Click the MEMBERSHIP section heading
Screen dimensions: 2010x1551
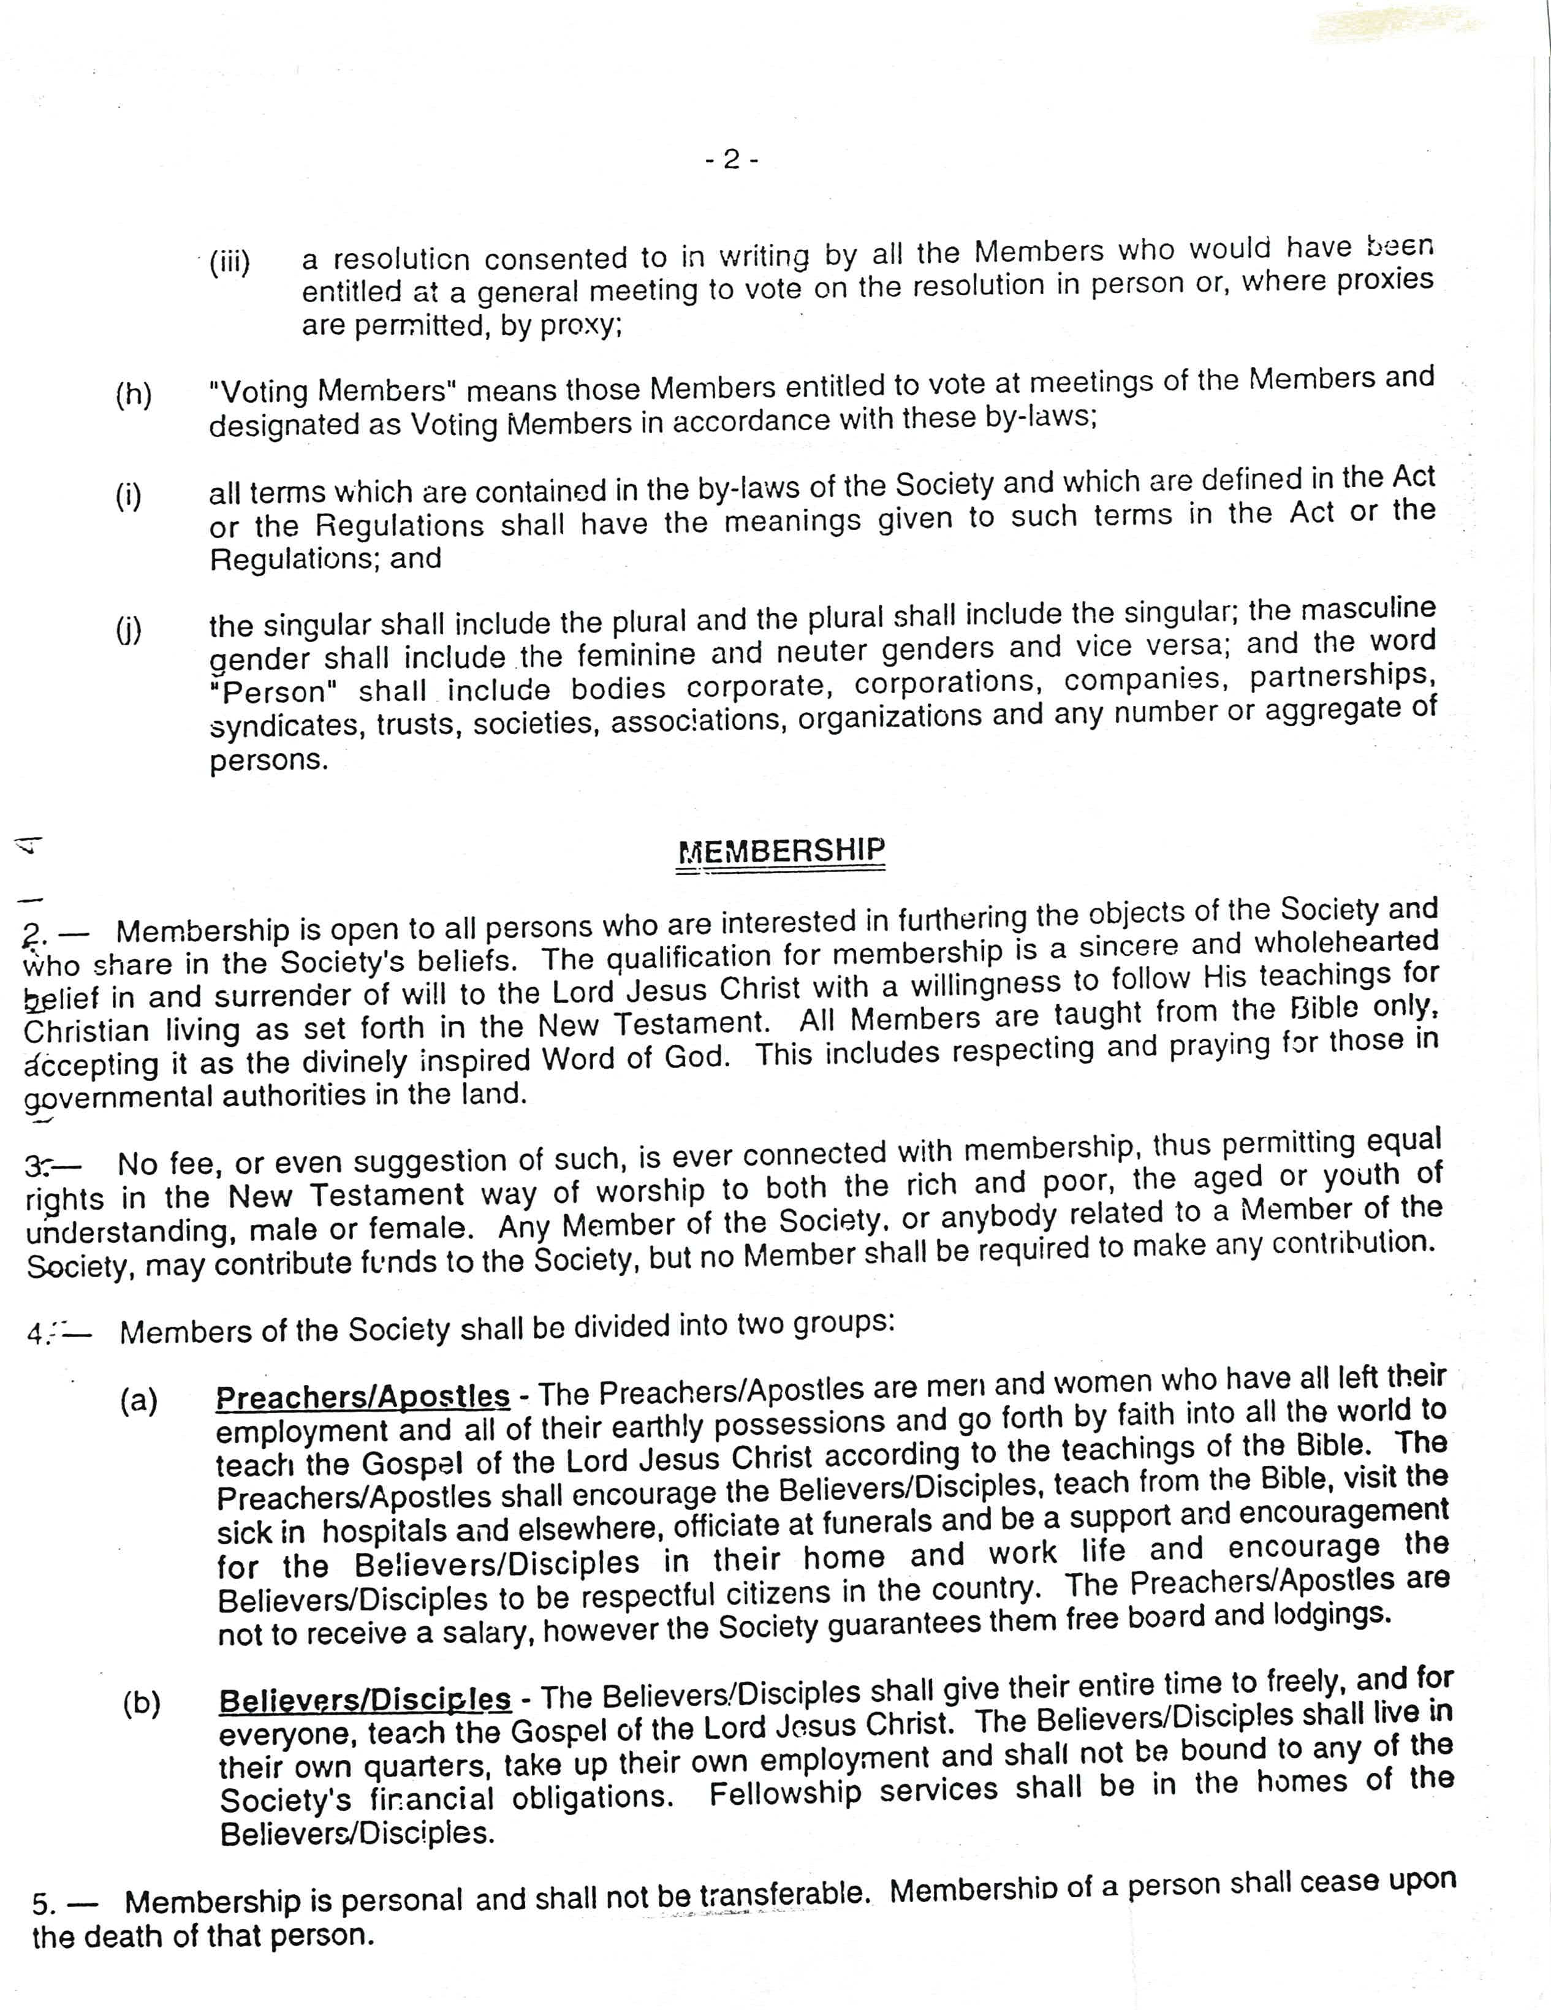coord(781,851)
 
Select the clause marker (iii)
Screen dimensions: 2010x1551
coord(229,264)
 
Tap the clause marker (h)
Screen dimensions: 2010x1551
coord(134,394)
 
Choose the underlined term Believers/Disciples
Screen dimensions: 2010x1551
coord(365,1699)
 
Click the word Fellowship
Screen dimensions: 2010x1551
coord(785,1792)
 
